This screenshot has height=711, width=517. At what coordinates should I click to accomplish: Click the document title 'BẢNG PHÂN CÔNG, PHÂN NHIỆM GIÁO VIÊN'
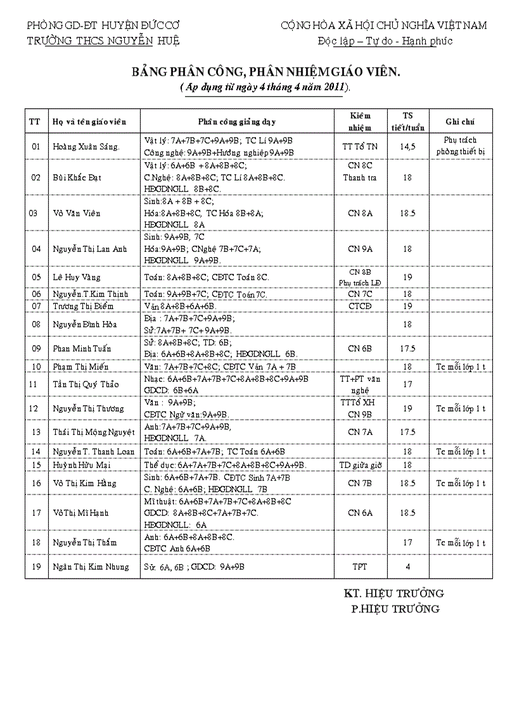(x=266, y=73)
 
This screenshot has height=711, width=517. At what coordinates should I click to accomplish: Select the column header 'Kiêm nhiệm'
(x=360, y=121)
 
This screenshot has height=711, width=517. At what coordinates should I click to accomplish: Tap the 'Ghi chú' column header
(x=460, y=122)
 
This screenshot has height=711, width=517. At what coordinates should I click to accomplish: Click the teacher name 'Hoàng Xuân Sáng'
(x=86, y=147)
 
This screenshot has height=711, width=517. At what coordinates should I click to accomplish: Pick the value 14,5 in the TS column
(x=407, y=147)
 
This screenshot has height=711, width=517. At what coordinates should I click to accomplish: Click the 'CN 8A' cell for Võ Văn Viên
(x=360, y=213)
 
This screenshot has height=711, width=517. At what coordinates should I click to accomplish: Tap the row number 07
(x=36, y=306)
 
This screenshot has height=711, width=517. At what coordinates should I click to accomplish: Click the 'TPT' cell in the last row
(x=360, y=567)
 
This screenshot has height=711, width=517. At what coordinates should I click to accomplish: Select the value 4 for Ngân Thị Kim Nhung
(x=407, y=567)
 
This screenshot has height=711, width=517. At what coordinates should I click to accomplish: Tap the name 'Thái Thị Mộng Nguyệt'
(x=94, y=432)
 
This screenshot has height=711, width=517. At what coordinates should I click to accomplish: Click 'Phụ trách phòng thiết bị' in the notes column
(x=460, y=146)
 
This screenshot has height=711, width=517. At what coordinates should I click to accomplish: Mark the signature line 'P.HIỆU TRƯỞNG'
(x=395, y=609)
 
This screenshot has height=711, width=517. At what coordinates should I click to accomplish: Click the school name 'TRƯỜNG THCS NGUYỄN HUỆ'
(x=103, y=41)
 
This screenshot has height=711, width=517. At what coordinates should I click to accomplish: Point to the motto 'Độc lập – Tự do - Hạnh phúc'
(x=385, y=41)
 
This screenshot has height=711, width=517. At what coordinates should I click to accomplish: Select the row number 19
(x=36, y=567)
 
